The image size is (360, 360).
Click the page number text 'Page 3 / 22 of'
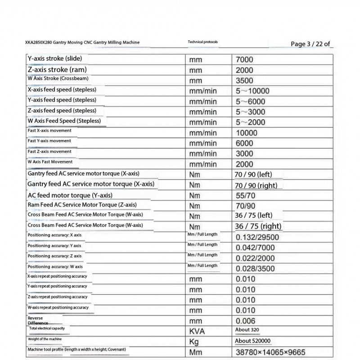310,44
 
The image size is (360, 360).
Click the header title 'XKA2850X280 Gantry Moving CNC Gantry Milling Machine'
82,42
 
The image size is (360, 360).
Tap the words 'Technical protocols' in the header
202,42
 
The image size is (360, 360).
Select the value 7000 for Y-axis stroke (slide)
244,59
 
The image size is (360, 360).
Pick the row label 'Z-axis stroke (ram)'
57,69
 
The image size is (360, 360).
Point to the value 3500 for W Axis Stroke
244,81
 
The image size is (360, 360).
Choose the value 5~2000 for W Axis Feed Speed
250,122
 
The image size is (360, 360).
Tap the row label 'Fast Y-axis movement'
49,141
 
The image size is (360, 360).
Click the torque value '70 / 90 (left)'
254,174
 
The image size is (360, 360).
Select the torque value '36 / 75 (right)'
259,226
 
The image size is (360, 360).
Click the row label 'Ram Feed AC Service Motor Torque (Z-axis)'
82,205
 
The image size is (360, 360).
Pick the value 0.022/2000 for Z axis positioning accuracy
255,258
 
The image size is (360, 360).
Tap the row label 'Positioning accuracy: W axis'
55,266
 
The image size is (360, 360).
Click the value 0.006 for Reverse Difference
245,320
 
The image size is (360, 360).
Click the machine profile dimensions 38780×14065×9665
273,352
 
